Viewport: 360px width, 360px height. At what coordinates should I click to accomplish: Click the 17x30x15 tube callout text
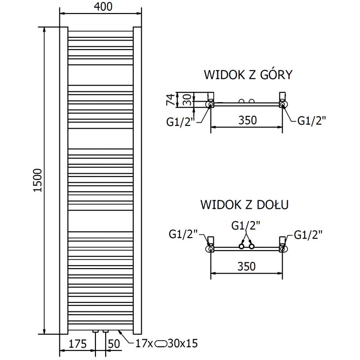tap(166, 344)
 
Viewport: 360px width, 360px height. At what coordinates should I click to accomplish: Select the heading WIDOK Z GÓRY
tap(248, 75)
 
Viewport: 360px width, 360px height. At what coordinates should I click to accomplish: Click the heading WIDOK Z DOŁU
tap(245, 205)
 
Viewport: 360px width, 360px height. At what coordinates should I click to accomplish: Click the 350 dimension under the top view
tap(247, 120)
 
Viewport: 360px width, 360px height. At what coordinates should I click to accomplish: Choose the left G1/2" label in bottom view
tap(183, 234)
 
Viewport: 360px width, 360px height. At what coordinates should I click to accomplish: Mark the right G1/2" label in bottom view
tap(308, 234)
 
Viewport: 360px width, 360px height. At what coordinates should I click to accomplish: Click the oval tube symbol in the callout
tap(160, 344)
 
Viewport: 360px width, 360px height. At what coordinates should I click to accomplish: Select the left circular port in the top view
tap(211, 104)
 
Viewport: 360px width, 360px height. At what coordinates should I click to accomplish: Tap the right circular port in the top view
tap(283, 104)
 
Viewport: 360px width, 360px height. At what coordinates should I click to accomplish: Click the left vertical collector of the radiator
tap(64, 180)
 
